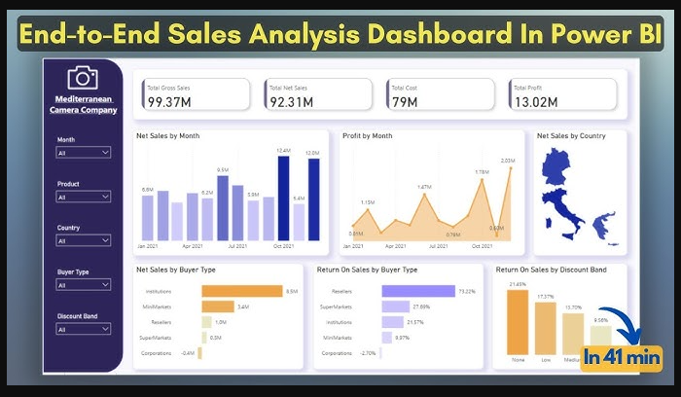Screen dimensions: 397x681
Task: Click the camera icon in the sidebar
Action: (x=83, y=79)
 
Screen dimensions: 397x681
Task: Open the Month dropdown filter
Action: (x=83, y=153)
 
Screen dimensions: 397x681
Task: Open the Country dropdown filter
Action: (x=83, y=240)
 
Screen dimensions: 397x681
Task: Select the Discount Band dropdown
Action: (x=83, y=329)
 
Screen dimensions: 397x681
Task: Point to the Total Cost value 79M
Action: (x=402, y=101)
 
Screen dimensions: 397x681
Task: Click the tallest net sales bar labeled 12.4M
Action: (x=283, y=198)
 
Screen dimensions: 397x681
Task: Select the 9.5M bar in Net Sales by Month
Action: (x=223, y=207)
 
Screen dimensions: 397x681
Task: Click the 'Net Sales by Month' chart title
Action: (x=167, y=136)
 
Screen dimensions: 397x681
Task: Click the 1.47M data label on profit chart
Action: (x=424, y=187)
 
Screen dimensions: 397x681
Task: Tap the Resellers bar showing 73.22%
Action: (x=417, y=290)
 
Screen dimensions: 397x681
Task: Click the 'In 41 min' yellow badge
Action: (x=620, y=357)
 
